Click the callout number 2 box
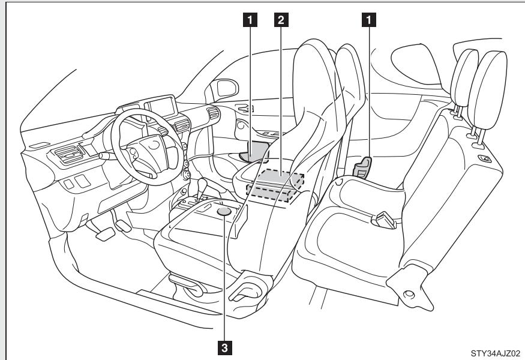click(x=279, y=20)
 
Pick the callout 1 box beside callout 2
click(x=253, y=20)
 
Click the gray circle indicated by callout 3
click(x=224, y=211)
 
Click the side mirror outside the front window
click(x=227, y=89)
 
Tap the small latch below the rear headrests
click(x=484, y=158)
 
